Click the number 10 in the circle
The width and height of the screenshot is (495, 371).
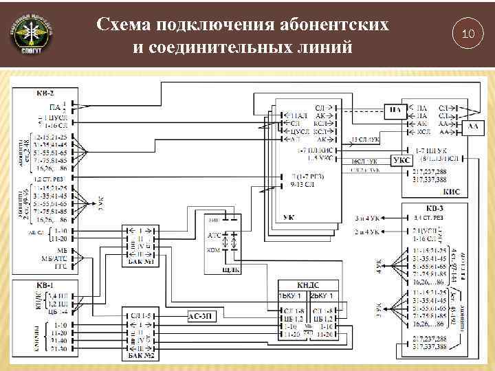point(468,34)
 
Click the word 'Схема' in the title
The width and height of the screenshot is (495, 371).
point(124,25)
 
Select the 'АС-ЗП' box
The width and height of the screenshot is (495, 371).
point(203,317)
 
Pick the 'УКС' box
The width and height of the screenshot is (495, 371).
point(401,160)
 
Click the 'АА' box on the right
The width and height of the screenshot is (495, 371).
point(473,126)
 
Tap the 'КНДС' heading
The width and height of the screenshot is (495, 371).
point(308,285)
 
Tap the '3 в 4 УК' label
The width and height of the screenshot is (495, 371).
point(368,218)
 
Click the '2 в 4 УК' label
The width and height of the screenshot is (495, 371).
point(368,233)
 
